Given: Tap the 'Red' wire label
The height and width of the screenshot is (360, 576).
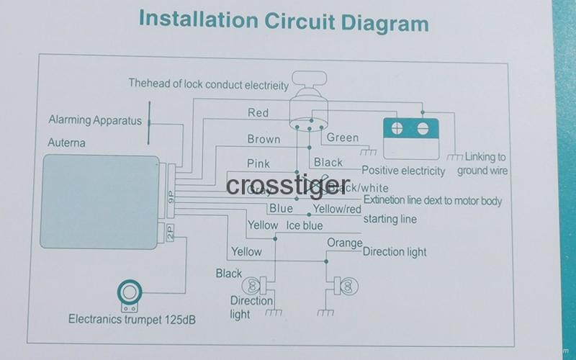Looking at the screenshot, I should click(x=258, y=112).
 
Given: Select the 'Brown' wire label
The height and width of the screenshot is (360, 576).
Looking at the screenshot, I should click(x=264, y=139).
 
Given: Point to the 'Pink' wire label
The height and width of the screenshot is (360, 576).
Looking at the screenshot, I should click(x=258, y=163).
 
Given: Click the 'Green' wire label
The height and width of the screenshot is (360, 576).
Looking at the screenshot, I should click(x=342, y=138).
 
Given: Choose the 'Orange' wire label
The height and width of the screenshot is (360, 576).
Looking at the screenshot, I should click(x=344, y=243).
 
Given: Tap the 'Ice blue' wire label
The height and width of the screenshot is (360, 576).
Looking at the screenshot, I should click(x=305, y=225).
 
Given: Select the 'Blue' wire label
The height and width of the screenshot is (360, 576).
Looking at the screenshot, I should click(x=281, y=208).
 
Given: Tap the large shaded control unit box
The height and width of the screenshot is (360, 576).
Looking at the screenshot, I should click(x=100, y=202).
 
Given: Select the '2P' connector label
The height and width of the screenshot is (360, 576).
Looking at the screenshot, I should click(x=169, y=232).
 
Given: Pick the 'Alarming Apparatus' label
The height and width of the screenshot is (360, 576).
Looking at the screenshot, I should click(x=95, y=120).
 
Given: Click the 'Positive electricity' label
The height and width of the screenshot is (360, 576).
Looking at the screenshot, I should click(x=403, y=171).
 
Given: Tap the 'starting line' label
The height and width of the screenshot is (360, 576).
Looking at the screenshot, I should click(x=390, y=218).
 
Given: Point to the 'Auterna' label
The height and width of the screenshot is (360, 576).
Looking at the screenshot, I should click(x=66, y=143).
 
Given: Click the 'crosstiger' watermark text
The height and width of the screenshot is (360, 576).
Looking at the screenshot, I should click(x=288, y=185).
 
